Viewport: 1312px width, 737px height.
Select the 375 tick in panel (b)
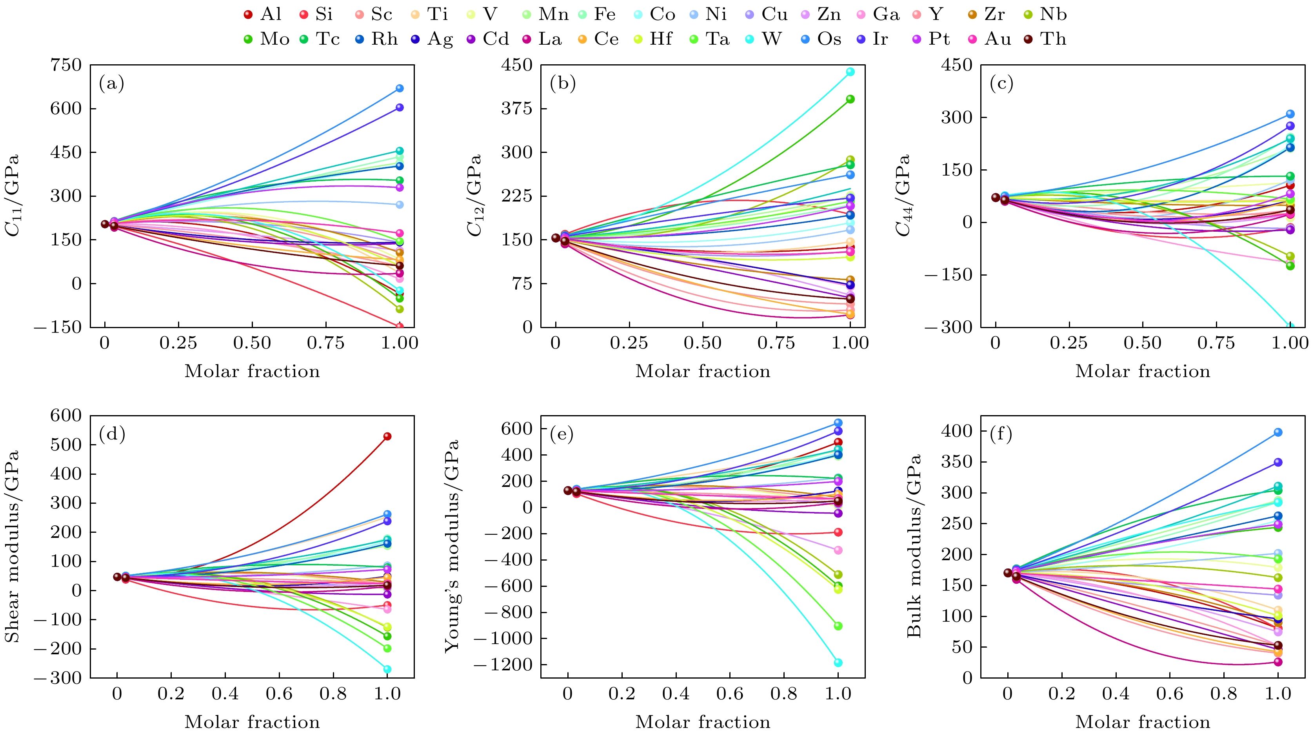516,109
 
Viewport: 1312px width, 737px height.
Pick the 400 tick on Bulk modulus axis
956,431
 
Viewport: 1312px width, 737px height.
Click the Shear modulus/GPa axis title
12,546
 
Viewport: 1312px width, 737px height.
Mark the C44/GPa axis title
903,196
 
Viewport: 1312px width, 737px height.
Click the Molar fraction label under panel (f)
1142,722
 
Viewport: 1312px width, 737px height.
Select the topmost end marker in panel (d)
387,436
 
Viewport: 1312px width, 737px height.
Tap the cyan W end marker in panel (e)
838,663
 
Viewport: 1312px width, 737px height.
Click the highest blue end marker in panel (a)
400,88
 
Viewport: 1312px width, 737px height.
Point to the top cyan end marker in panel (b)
850,72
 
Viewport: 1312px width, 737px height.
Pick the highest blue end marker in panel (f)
1278,432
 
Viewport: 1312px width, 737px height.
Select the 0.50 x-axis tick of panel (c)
1142,343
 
